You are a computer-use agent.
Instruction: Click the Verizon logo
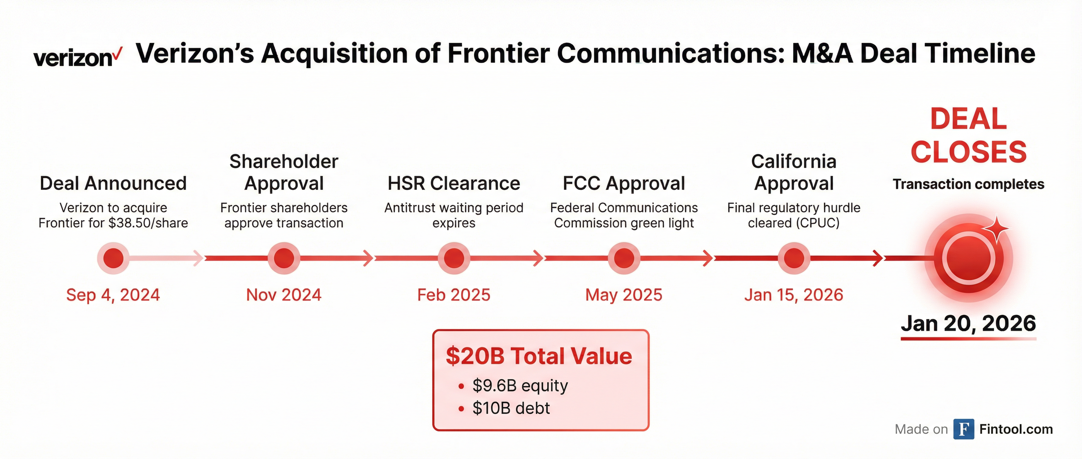(x=78, y=57)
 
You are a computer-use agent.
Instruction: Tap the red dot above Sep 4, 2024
(x=113, y=258)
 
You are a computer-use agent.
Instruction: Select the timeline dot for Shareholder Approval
(x=284, y=258)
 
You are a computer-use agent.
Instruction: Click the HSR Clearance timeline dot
(x=454, y=258)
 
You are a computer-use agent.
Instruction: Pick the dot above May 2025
(x=624, y=258)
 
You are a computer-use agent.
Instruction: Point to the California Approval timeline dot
(x=794, y=258)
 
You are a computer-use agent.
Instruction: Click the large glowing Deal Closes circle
(x=969, y=258)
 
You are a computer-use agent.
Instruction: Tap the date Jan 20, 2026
(x=969, y=323)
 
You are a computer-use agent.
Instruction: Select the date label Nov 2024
(x=284, y=295)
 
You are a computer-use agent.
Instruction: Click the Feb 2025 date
(x=454, y=295)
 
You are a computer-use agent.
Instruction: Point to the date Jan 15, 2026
(x=794, y=295)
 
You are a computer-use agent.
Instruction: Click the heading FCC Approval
(x=624, y=183)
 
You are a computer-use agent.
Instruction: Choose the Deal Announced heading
(x=113, y=183)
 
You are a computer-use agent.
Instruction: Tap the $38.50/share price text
(x=148, y=223)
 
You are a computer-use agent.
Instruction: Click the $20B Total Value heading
(x=539, y=356)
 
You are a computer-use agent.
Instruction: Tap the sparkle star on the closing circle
(x=996, y=229)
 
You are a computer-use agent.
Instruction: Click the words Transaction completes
(x=969, y=184)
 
